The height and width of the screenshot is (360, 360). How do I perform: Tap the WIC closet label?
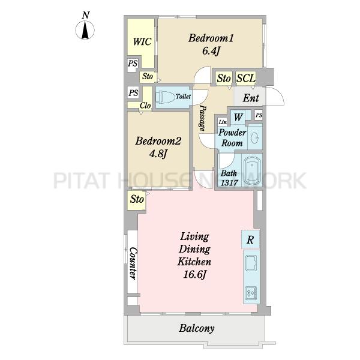142,42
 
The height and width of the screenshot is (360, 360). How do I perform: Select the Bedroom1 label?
211,38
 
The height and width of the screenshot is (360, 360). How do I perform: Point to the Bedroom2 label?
158,141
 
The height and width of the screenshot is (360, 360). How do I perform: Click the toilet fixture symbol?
166,97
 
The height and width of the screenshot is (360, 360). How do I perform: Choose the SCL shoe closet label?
246,78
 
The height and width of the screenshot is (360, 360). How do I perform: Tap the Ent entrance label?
251,98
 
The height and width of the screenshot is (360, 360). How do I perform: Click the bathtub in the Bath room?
252,170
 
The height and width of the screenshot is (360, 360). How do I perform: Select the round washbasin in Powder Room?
255,138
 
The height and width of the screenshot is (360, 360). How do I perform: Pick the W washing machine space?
238,117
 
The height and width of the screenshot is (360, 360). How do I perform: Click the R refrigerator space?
250,239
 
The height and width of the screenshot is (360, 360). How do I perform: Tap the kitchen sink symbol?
251,263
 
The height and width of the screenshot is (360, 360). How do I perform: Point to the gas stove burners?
251,293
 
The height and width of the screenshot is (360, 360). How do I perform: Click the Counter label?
133,263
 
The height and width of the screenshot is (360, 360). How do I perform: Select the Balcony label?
197,328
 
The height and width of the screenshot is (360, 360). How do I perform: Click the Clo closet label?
145,106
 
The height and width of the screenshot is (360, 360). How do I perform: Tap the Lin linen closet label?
223,122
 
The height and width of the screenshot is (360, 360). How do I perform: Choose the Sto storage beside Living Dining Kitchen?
137,199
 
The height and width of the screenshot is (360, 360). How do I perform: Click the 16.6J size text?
194,274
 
